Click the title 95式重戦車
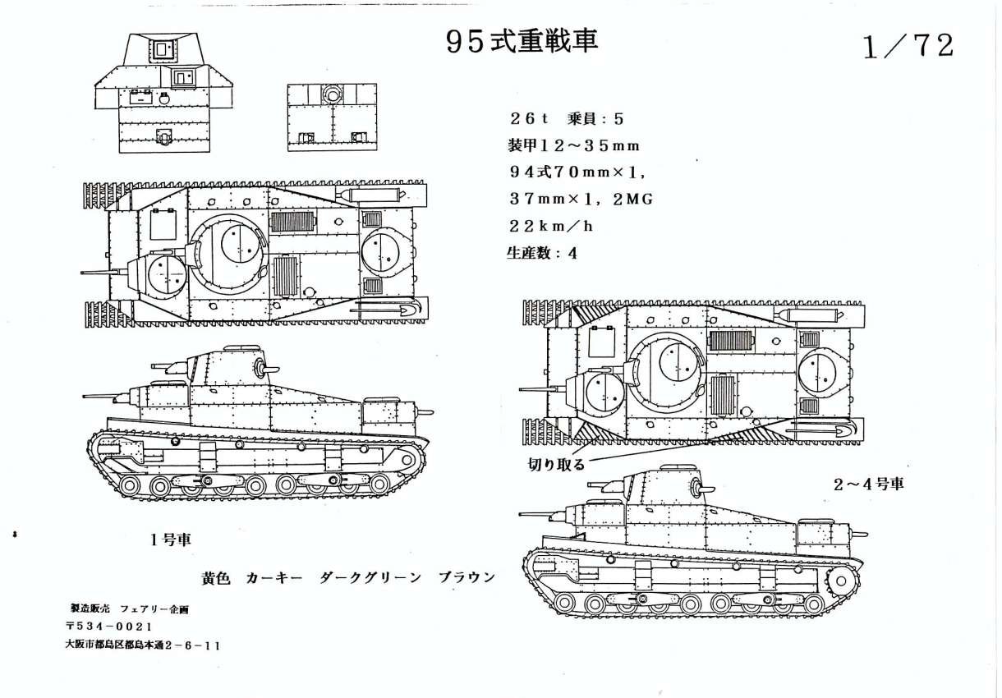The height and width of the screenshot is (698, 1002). click(x=522, y=43)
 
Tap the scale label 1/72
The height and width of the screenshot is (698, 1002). click(x=909, y=47)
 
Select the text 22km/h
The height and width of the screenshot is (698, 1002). click(x=550, y=227)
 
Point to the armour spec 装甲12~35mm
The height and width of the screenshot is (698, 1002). click(x=573, y=146)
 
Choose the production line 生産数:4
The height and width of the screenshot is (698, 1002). click(x=542, y=254)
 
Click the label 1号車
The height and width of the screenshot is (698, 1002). click(x=171, y=540)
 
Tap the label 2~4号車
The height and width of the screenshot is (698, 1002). click(x=869, y=484)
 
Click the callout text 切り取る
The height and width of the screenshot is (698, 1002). click(x=557, y=465)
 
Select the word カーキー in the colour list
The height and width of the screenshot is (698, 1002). click(x=274, y=578)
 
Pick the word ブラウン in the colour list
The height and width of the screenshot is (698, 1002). click(x=467, y=577)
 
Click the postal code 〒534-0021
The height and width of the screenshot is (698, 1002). click(x=108, y=627)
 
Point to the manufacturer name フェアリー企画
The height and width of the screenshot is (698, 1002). click(x=154, y=608)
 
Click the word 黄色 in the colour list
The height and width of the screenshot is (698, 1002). click(x=216, y=578)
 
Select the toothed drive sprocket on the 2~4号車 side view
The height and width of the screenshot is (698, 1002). click(x=841, y=581)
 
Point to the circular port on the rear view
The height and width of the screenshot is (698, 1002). click(x=332, y=94)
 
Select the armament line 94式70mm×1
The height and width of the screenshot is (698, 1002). click(x=578, y=172)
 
